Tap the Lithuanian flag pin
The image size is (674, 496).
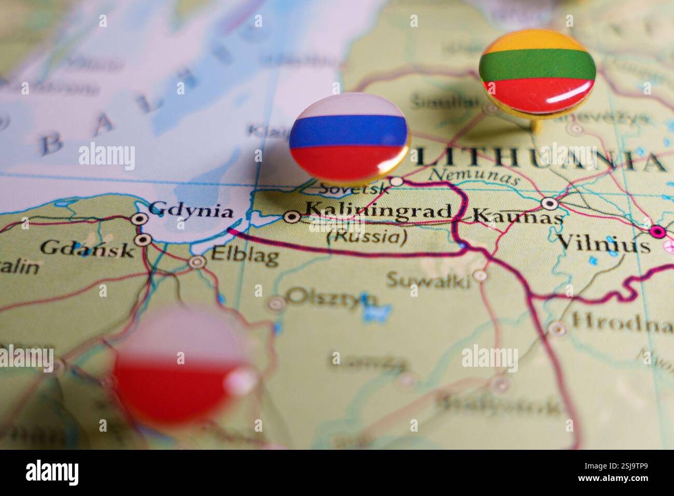point(537,72)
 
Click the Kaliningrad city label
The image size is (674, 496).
point(378,211)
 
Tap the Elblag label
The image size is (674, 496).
point(245,256)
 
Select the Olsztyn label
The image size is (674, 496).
point(332,297)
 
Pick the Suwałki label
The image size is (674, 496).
point(429,281)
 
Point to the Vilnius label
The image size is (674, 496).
point(602,243)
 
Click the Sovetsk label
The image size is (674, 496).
point(354,188)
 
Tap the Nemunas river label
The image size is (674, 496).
point(474,177)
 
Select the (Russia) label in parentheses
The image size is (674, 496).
point(366,237)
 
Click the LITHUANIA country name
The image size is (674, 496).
point(539,158)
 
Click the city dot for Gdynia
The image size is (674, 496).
point(139,218)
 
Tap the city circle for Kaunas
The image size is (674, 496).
point(549,202)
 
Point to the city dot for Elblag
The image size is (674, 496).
point(197,262)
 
